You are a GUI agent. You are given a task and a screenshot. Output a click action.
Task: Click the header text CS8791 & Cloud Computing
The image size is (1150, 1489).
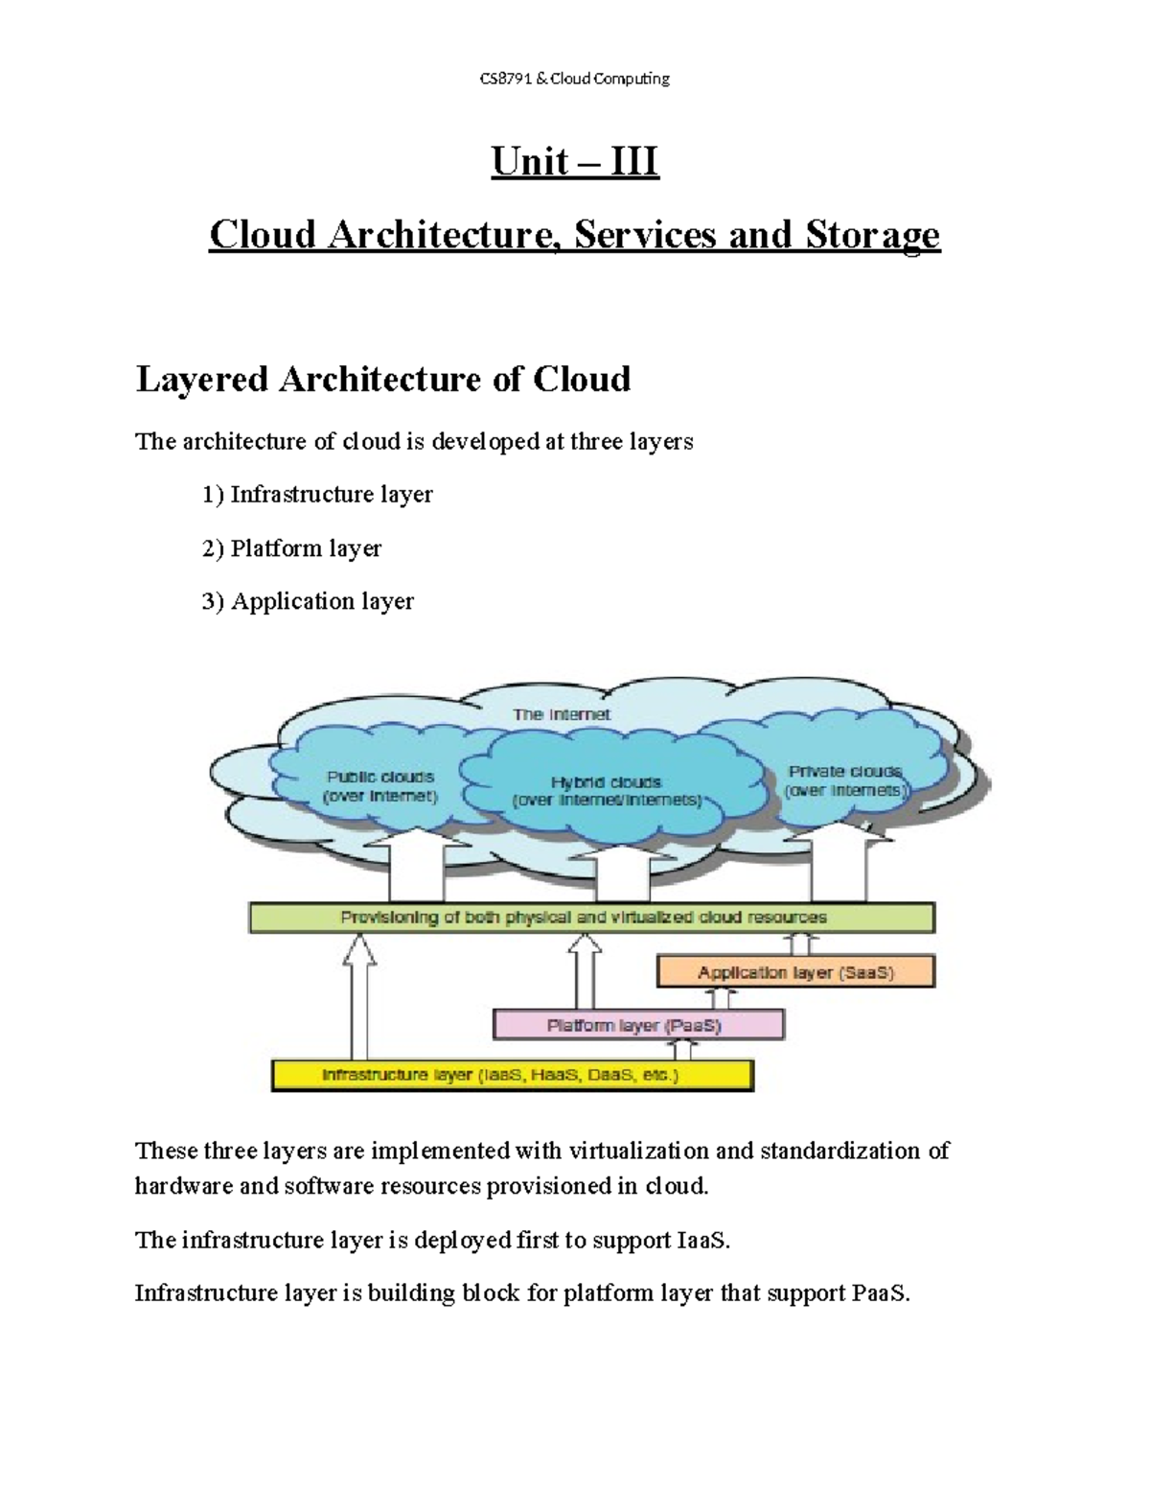coord(574,79)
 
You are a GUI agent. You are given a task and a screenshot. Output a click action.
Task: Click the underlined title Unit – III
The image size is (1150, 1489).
coord(574,161)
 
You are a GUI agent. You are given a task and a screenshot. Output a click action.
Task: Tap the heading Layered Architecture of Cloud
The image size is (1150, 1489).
coord(383,380)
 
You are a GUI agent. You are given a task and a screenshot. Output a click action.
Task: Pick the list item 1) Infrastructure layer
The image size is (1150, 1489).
coord(317,495)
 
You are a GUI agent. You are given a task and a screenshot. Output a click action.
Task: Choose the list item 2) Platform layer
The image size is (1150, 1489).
coord(291,548)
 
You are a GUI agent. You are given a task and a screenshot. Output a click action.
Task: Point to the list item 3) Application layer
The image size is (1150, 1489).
coord(308,601)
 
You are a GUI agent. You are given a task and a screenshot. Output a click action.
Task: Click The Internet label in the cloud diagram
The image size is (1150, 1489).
coord(562,714)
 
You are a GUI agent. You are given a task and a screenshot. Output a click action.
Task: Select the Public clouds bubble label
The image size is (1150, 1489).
coord(380,786)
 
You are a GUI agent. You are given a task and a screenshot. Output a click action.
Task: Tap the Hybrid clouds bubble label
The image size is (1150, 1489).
coord(607,791)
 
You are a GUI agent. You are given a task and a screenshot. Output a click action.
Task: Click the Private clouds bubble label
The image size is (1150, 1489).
coord(844,780)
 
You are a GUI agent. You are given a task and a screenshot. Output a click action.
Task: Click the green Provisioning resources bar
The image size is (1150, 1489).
coord(591,918)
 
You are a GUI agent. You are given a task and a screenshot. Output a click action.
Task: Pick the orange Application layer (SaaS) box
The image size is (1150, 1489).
coord(795,972)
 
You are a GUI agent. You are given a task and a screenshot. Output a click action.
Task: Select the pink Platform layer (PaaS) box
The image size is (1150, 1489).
coord(638,1025)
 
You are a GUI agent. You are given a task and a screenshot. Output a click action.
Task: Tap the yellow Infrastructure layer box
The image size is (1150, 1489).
coord(512,1076)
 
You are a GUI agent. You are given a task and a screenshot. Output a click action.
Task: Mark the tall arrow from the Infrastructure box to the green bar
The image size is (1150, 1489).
coord(360,997)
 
